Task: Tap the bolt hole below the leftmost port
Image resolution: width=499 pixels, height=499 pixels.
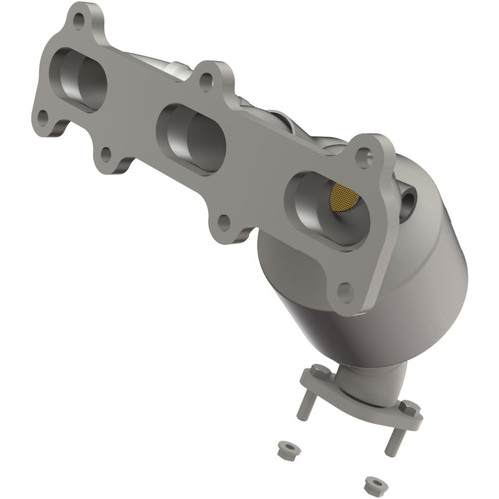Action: point(104,155)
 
